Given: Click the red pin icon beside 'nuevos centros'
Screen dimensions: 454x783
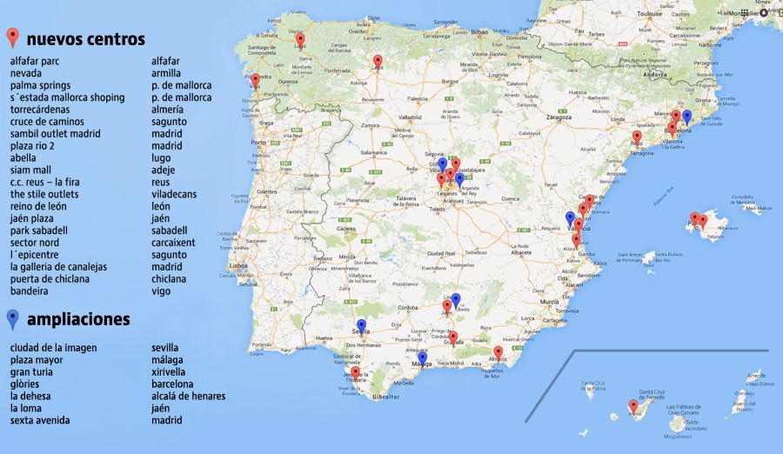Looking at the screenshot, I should click(12, 37).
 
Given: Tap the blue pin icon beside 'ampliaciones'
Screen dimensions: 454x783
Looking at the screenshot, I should click(12, 319).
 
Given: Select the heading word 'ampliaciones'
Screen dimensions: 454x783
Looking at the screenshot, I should click(78, 319).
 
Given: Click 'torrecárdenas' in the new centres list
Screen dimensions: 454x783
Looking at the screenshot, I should click(42, 110).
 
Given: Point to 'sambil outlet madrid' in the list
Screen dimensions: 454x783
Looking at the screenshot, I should click(56, 134).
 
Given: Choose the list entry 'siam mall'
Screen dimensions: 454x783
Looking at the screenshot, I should click(30, 170).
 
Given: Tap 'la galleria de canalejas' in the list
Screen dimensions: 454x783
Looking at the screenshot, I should click(58, 267).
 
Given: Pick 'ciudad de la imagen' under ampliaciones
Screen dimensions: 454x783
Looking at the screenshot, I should click(54, 348).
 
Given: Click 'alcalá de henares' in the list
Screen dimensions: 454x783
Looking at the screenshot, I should click(188, 397).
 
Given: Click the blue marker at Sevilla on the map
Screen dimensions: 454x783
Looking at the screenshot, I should click(362, 327).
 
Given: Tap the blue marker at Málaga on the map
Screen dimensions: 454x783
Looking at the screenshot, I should click(422, 358).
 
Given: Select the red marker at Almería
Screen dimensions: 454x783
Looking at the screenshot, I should click(498, 353).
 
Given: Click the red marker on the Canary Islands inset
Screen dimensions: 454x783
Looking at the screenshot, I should click(633, 406).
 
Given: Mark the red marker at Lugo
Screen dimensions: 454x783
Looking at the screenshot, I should click(300, 40).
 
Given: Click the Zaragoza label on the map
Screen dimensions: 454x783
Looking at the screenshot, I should click(559, 117).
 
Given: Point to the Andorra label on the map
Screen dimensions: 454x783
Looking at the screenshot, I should click(653, 75).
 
